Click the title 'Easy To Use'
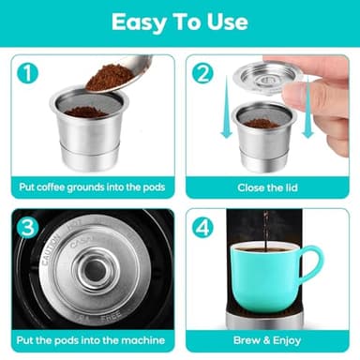[179, 22]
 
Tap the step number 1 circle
[29, 72]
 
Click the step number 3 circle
[29, 227]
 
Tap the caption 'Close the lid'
[267, 186]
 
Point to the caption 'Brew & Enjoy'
[267, 339]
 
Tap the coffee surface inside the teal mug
[266, 248]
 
